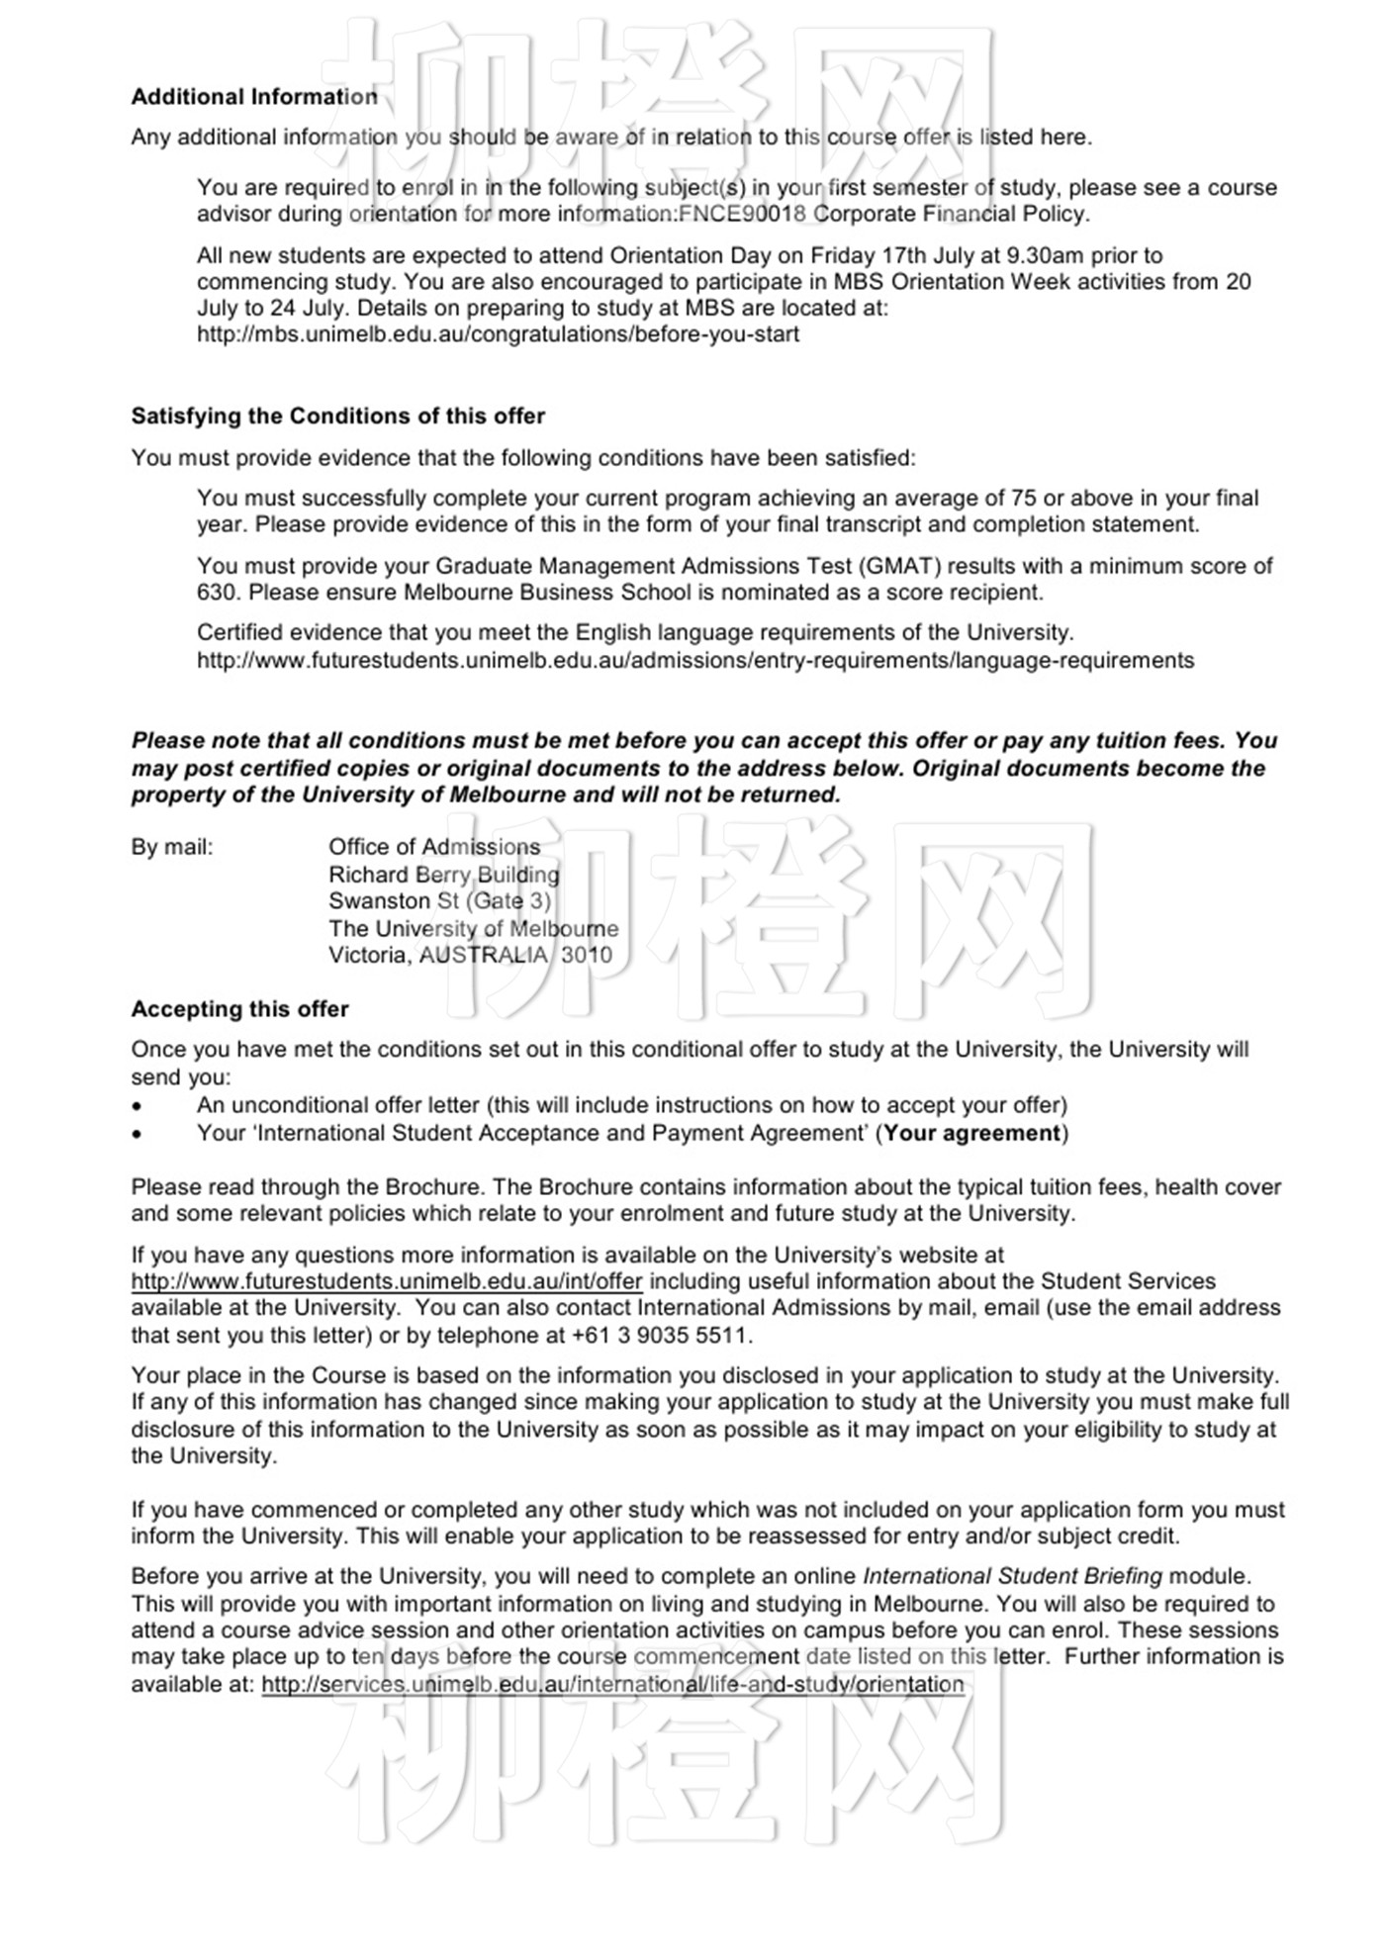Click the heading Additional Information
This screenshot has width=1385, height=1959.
(254, 97)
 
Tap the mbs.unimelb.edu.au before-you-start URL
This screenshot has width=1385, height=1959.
(498, 334)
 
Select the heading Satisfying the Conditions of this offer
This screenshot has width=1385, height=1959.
(337, 417)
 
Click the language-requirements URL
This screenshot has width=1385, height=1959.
(694, 661)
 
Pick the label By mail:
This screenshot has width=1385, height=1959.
(172, 848)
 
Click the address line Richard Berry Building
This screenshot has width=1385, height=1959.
(443, 876)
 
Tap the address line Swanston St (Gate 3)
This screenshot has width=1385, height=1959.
(439, 901)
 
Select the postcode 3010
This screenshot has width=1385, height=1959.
(587, 956)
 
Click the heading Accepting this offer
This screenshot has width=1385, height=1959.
(239, 1010)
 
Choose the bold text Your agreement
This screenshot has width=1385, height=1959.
(971, 1134)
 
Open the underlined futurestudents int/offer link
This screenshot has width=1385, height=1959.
(387, 1282)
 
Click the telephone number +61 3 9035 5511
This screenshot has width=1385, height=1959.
(660, 1336)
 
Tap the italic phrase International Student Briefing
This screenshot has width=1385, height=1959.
(1012, 1577)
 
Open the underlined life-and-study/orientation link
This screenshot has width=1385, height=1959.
(612, 1685)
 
